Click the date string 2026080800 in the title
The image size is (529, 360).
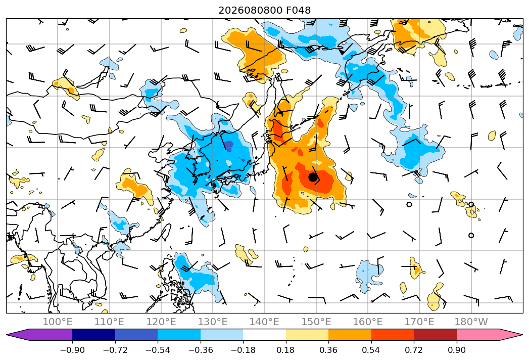[x=251, y=10]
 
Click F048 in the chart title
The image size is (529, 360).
[x=298, y=10]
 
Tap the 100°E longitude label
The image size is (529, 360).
[x=58, y=322]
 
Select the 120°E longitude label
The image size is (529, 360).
[x=161, y=322]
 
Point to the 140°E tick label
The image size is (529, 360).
[x=264, y=322]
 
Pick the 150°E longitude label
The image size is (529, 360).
[x=316, y=322]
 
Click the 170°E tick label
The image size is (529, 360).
[x=419, y=322]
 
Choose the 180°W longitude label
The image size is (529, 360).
[x=471, y=322]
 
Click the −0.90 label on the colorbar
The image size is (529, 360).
[x=72, y=350]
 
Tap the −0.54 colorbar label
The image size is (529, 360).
[x=158, y=350]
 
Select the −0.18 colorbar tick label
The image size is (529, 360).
[x=243, y=350]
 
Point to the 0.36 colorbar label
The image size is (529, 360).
[x=328, y=350]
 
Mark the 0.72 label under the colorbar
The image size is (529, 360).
[x=414, y=350]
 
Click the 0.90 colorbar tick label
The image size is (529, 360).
[x=456, y=350]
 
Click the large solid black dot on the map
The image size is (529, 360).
[x=313, y=177]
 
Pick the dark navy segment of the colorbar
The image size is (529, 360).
[x=93, y=335]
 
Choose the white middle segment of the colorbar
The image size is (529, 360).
[x=265, y=335]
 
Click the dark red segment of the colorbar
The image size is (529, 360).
[x=435, y=335]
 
